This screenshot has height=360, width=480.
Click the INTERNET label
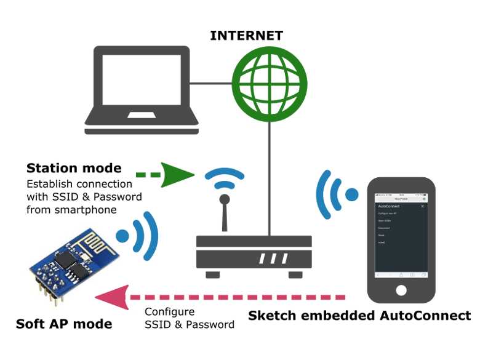coord(247,36)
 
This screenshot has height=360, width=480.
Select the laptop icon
coord(142,90)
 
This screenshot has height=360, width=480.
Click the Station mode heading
coord(74,168)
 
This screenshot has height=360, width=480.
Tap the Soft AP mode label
coord(64,324)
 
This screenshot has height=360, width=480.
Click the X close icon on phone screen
coord(422,206)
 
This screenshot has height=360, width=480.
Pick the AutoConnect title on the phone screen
coord(389,206)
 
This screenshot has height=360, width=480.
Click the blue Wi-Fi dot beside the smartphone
coord(351,194)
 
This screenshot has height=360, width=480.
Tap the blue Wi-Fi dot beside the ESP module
coord(123,234)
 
